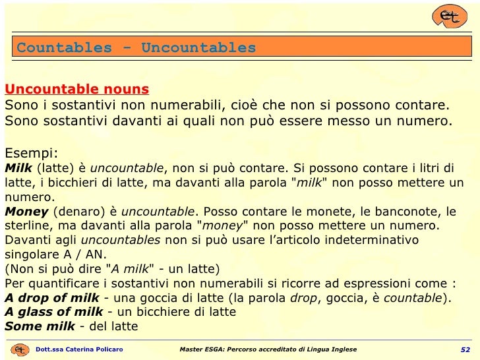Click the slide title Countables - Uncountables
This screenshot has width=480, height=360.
(x=136, y=47)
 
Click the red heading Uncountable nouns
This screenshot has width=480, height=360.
(x=76, y=89)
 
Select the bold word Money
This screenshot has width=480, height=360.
(x=26, y=212)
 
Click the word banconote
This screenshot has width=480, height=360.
(x=407, y=212)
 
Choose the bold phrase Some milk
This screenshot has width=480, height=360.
(x=41, y=326)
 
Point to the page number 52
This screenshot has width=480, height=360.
(x=465, y=349)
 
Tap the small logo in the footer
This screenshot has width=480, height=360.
(x=20, y=349)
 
